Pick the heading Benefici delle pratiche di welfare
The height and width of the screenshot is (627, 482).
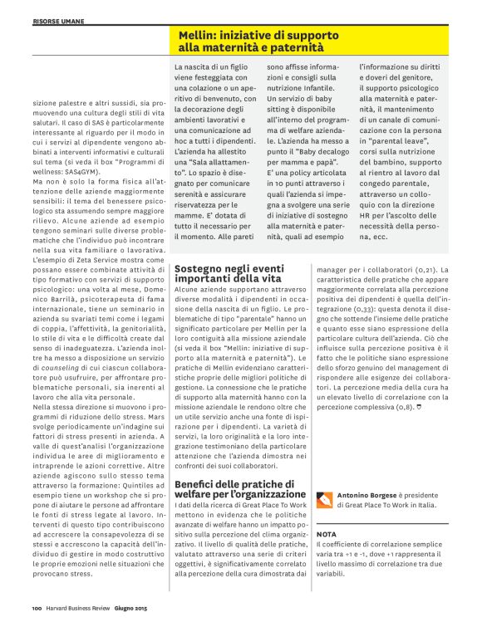coord(234,489)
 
